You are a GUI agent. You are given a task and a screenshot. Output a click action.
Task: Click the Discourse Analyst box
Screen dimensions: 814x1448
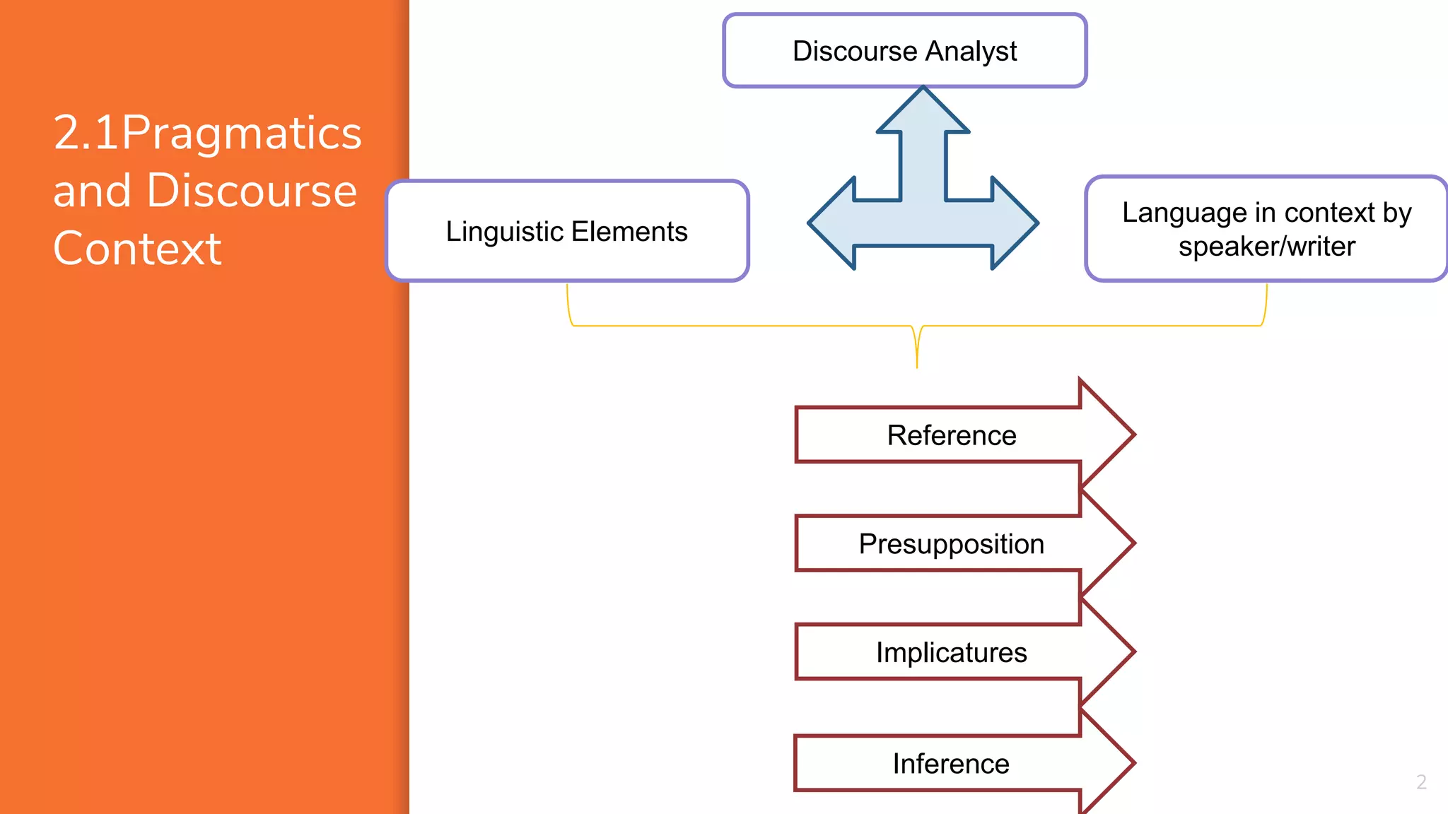(904, 51)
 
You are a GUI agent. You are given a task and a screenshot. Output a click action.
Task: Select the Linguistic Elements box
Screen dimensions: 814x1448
(567, 231)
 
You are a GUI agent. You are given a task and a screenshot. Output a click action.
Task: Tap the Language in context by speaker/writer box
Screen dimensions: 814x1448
(1266, 229)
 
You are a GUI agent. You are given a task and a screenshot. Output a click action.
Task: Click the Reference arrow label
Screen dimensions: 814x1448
(951, 435)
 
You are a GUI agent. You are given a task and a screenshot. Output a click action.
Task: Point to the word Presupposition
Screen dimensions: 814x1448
(951, 544)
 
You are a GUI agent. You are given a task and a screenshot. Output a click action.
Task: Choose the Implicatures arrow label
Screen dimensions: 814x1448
(951, 652)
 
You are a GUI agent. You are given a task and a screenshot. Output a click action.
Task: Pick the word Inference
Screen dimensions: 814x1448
(951, 764)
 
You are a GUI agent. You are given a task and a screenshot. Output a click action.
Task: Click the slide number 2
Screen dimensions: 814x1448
(1421, 781)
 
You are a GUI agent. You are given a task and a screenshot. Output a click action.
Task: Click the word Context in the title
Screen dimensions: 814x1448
(137, 249)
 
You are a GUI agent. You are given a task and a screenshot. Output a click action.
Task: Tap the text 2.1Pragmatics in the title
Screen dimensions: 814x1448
(207, 133)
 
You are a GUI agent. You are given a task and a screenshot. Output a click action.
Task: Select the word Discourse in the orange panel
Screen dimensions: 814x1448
(252, 191)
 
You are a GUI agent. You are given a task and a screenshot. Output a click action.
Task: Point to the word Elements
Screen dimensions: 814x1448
(629, 231)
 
